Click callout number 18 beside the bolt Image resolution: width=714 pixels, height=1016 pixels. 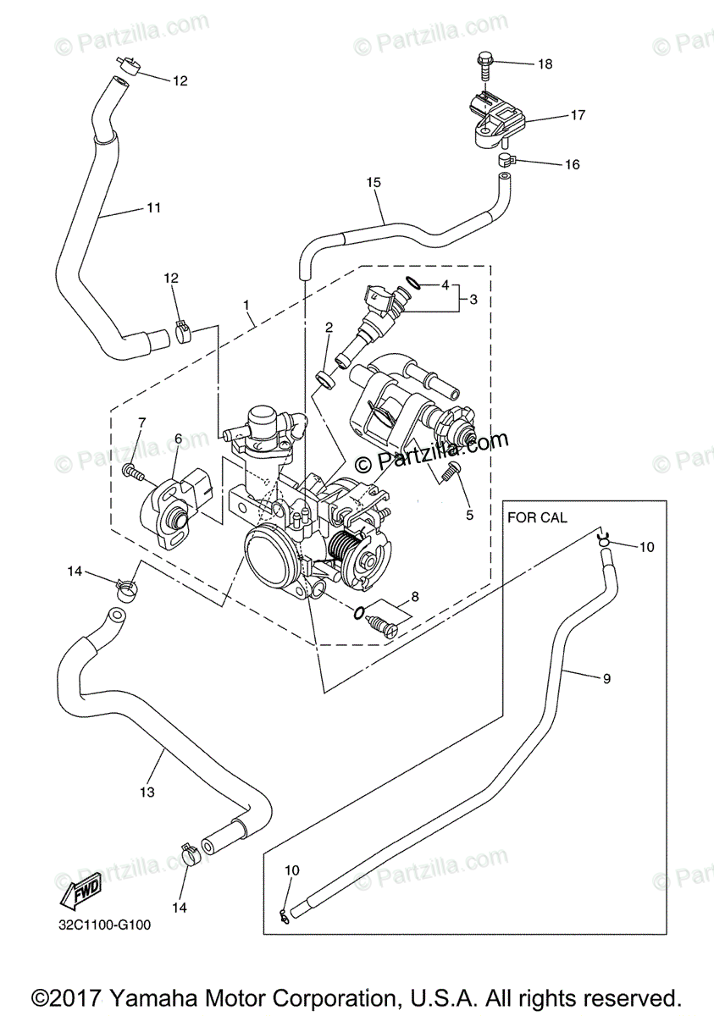(x=545, y=64)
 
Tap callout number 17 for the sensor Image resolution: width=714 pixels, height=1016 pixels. (x=578, y=115)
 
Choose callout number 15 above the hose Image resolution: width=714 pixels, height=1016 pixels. (x=374, y=182)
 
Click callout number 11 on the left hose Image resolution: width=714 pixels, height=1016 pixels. (x=154, y=207)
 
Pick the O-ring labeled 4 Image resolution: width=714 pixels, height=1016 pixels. (x=412, y=283)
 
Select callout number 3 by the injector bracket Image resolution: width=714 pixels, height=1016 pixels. (x=473, y=300)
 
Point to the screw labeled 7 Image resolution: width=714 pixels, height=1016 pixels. (x=132, y=472)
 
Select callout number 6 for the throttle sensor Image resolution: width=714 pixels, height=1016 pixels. (x=178, y=439)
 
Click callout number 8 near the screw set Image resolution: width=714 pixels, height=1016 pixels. (x=415, y=597)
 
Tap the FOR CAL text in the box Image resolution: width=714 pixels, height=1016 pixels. (x=537, y=517)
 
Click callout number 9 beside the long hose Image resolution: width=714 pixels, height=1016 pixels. (x=607, y=678)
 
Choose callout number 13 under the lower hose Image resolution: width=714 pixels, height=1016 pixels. (x=147, y=792)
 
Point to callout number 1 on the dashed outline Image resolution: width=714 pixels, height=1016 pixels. (x=246, y=305)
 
